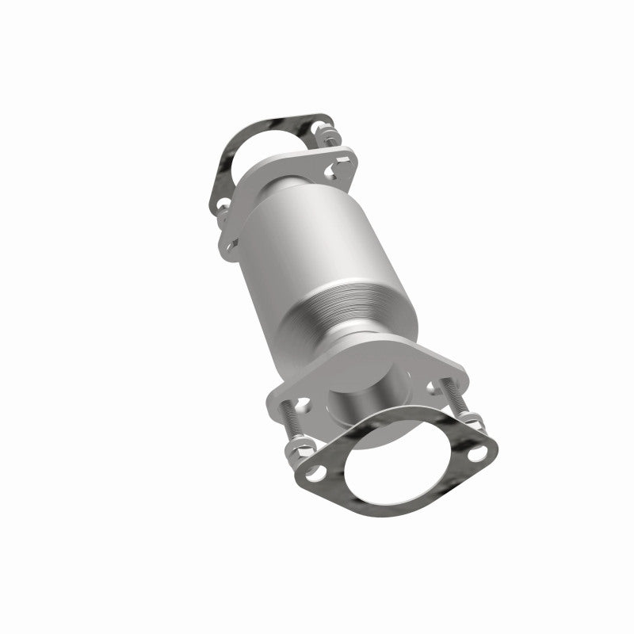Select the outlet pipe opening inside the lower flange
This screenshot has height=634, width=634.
pyautogui.click(x=361, y=396)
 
